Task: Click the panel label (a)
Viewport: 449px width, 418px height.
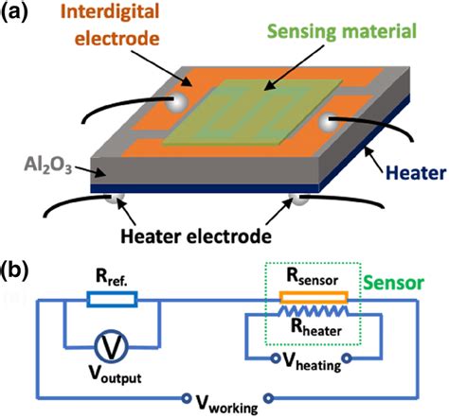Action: coord(20,14)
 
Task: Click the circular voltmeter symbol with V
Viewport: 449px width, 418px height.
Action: coord(112,348)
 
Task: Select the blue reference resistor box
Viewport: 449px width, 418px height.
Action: coord(112,300)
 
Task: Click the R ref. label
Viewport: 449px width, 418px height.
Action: coord(114,277)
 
